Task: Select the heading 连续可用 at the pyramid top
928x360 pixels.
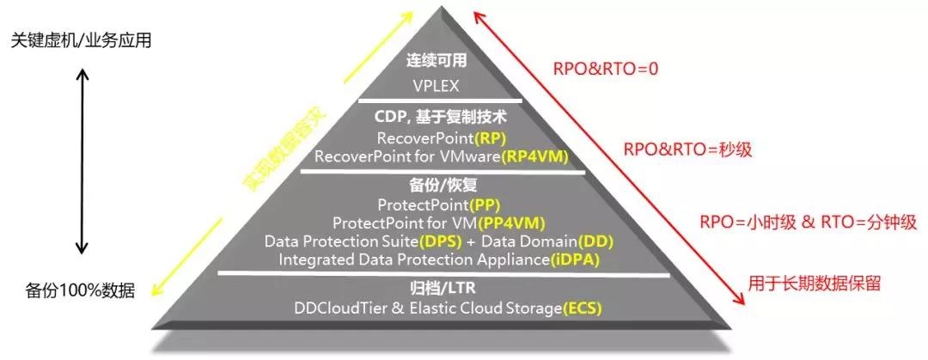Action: [437, 61]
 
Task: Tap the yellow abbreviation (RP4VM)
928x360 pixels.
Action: [535, 157]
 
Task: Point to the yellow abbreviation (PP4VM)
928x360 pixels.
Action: [511, 223]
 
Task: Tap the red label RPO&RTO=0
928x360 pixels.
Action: [606, 69]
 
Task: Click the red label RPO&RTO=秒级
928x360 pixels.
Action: [687, 149]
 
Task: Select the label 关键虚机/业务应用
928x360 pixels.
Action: [82, 40]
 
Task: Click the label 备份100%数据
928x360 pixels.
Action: [80, 290]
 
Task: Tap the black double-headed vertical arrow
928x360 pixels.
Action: [83, 161]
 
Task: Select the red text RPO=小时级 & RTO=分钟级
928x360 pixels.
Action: [809, 223]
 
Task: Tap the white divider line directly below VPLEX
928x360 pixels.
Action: [440, 100]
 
